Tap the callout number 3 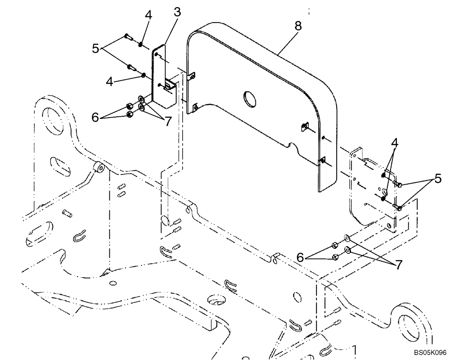pos(177,12)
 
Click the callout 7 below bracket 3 pos(168,121)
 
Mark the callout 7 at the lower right pos(398,265)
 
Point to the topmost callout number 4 pos(148,14)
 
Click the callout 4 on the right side pos(395,143)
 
